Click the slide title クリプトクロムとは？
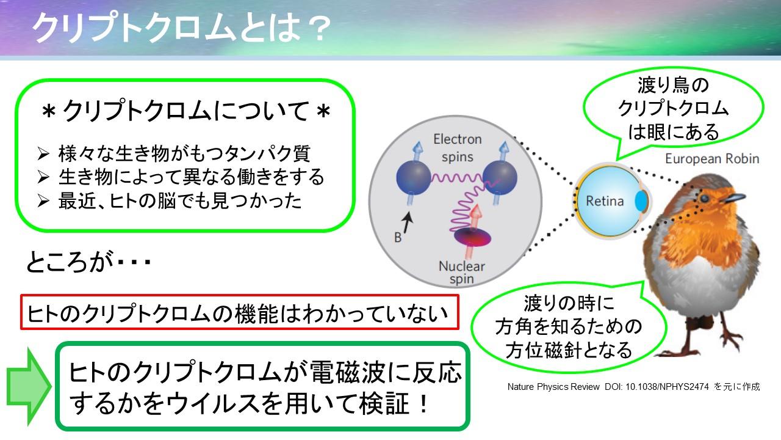pyautogui.click(x=181, y=28)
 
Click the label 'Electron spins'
pyautogui.click(x=458, y=148)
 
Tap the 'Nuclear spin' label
pyautogui.click(x=462, y=273)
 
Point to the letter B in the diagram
pyautogui.click(x=398, y=238)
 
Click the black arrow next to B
pyautogui.click(x=407, y=222)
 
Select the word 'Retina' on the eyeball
pyautogui.click(x=605, y=201)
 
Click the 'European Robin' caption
pyautogui.click(x=712, y=159)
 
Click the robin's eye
pyautogui.click(x=704, y=199)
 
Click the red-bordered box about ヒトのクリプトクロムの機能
pyautogui.click(x=240, y=312)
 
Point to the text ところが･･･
pyautogui.click(x=88, y=262)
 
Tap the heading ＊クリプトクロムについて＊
pyautogui.click(x=185, y=111)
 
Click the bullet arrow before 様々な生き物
pyautogui.click(x=43, y=153)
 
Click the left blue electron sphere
pyautogui.click(x=414, y=177)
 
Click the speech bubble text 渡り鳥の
pyautogui.click(x=673, y=86)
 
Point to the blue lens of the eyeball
pyautogui.click(x=641, y=201)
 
